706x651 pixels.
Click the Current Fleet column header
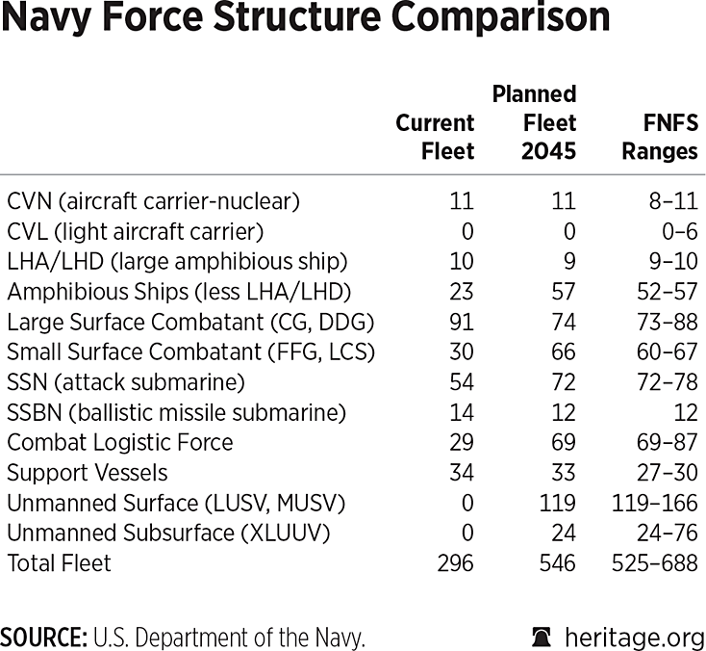(435, 137)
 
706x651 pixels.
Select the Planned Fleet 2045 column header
(534, 122)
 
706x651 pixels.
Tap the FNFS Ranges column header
(660, 137)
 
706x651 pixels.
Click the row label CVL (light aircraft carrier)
(135, 231)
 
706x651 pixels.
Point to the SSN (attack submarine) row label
(126, 381)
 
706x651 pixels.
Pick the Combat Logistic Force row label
(120, 442)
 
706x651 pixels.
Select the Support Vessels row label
(88, 472)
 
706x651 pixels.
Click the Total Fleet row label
(60, 562)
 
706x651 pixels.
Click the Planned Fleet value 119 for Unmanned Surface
(557, 502)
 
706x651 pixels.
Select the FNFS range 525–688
(655, 562)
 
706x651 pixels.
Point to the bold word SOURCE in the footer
(41, 637)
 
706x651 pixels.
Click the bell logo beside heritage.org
(542, 637)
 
